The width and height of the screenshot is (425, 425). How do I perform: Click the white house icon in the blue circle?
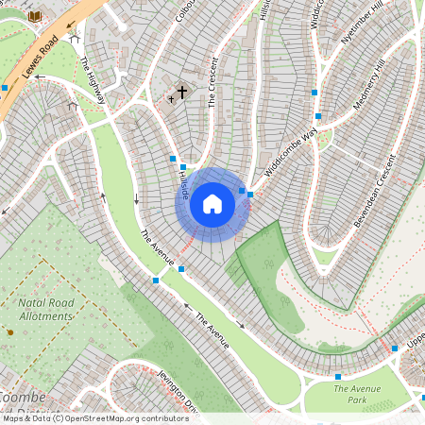[212, 203]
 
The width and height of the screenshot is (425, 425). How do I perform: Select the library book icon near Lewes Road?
[36, 17]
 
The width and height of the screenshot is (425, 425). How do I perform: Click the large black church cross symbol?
[181, 92]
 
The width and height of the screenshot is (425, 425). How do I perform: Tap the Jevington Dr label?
[178, 391]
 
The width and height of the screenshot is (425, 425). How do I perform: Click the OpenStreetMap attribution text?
[94, 418]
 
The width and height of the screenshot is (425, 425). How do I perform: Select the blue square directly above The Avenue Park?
[337, 376]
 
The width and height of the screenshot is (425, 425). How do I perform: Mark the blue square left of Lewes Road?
[5, 87]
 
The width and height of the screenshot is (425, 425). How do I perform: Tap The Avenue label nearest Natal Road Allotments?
[158, 247]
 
